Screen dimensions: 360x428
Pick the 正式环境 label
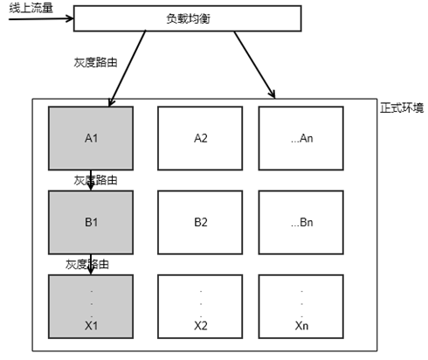(403, 108)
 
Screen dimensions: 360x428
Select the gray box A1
(91, 137)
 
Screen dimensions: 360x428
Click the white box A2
(200, 137)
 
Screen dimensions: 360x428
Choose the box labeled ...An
(300, 137)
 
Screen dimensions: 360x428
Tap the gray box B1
(91, 221)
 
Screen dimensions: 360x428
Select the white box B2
(200, 221)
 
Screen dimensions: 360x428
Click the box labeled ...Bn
(300, 221)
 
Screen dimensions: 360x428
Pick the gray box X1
(91, 305)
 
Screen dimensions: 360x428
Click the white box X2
(200, 305)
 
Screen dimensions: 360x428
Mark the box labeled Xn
(300, 305)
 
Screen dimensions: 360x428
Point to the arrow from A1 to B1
(91, 179)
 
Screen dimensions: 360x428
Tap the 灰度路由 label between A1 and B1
(97, 180)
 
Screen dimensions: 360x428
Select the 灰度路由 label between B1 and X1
(87, 263)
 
